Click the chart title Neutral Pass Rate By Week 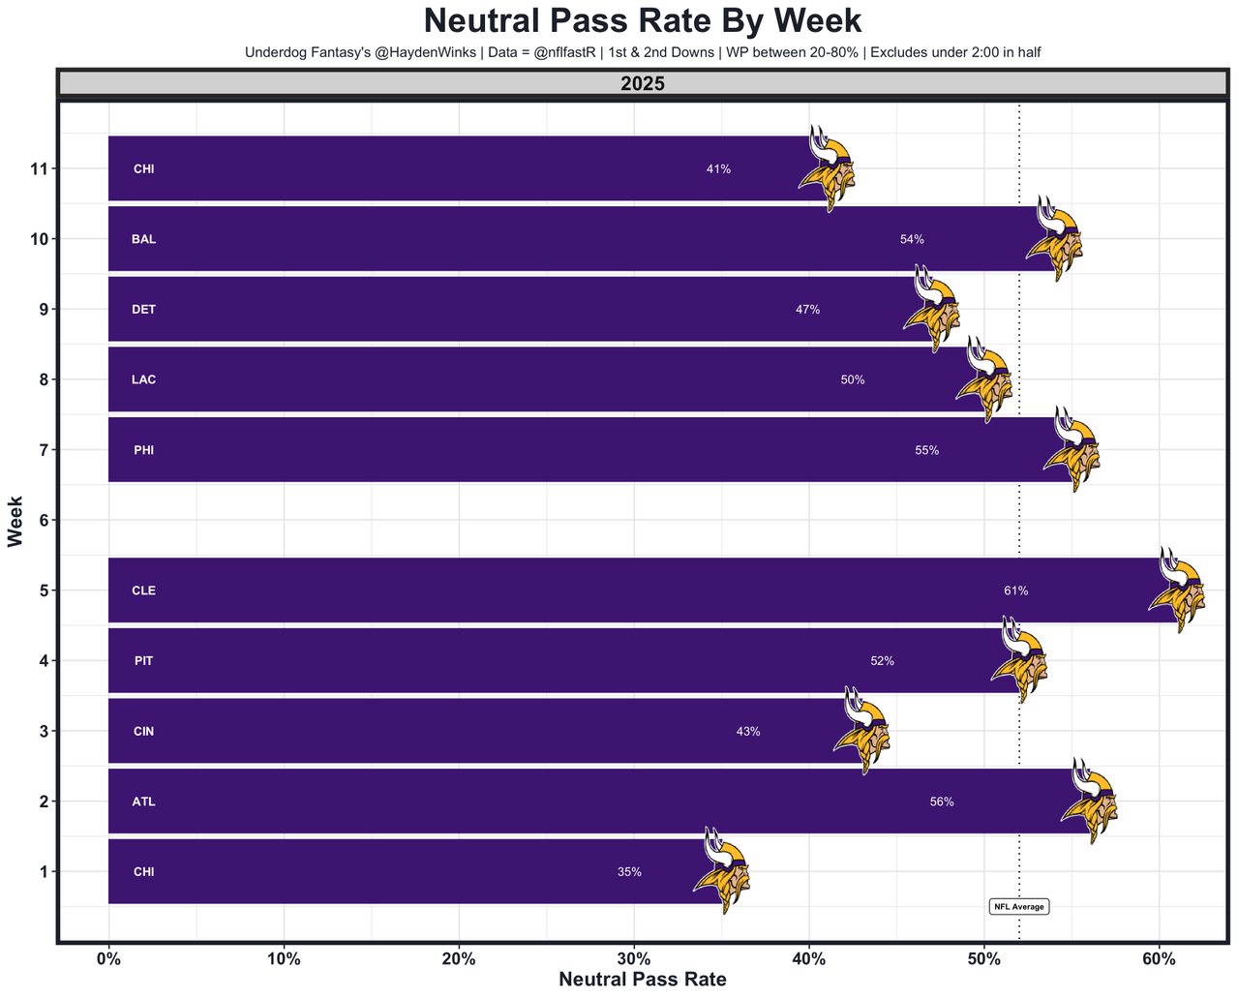pyautogui.click(x=643, y=21)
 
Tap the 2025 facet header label pyautogui.click(x=643, y=84)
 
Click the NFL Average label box pyautogui.click(x=1018, y=907)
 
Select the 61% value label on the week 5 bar pyautogui.click(x=1015, y=590)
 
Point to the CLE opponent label pyautogui.click(x=143, y=590)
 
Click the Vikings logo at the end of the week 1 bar pyautogui.click(x=721, y=871)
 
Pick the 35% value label pyautogui.click(x=629, y=872)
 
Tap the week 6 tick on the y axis pyautogui.click(x=42, y=521)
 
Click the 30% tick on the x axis pyautogui.click(x=634, y=959)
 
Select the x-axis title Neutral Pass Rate pyautogui.click(x=643, y=980)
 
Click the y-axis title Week pyautogui.click(x=15, y=521)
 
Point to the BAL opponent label pyautogui.click(x=143, y=239)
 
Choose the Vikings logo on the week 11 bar pyautogui.click(x=827, y=168)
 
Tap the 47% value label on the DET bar pyautogui.click(x=807, y=310)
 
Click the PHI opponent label pyautogui.click(x=143, y=450)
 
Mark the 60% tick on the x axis pyautogui.click(x=1159, y=959)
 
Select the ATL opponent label pyautogui.click(x=143, y=801)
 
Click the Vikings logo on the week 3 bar pyautogui.click(x=861, y=731)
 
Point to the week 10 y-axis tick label pyautogui.click(x=39, y=239)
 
